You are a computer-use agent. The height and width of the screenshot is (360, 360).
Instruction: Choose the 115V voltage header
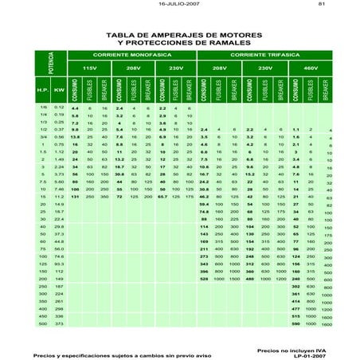(89, 69)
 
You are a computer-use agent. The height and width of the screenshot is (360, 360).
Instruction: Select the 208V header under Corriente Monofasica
(133, 69)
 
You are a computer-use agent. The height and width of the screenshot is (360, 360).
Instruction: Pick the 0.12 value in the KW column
(60, 107)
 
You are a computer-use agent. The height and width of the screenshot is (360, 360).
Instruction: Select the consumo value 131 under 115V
(74, 195)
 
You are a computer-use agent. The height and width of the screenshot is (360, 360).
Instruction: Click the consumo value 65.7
(162, 195)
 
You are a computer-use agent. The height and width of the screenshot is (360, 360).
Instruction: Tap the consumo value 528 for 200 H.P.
(205, 280)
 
